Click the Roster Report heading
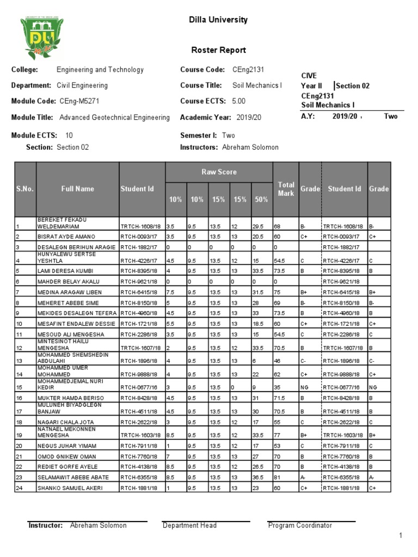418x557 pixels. pos(218,50)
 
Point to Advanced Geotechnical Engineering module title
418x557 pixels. pos(114,117)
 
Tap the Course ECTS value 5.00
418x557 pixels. pos(239,101)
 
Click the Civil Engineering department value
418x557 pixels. pos(82,85)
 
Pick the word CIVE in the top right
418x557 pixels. pos(309,76)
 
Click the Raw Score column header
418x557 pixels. pos(219,172)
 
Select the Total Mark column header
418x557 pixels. pos(286,189)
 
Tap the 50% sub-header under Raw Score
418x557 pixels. pos(261,200)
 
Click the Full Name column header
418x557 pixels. pos(77,189)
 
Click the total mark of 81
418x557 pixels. pos(277,478)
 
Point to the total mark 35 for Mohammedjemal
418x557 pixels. pos(277,388)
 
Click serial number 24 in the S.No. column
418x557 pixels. pos(19,488)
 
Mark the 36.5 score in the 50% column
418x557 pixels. pos(259,478)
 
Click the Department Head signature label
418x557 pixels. pos(189,525)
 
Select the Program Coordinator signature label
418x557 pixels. pos(300,525)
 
